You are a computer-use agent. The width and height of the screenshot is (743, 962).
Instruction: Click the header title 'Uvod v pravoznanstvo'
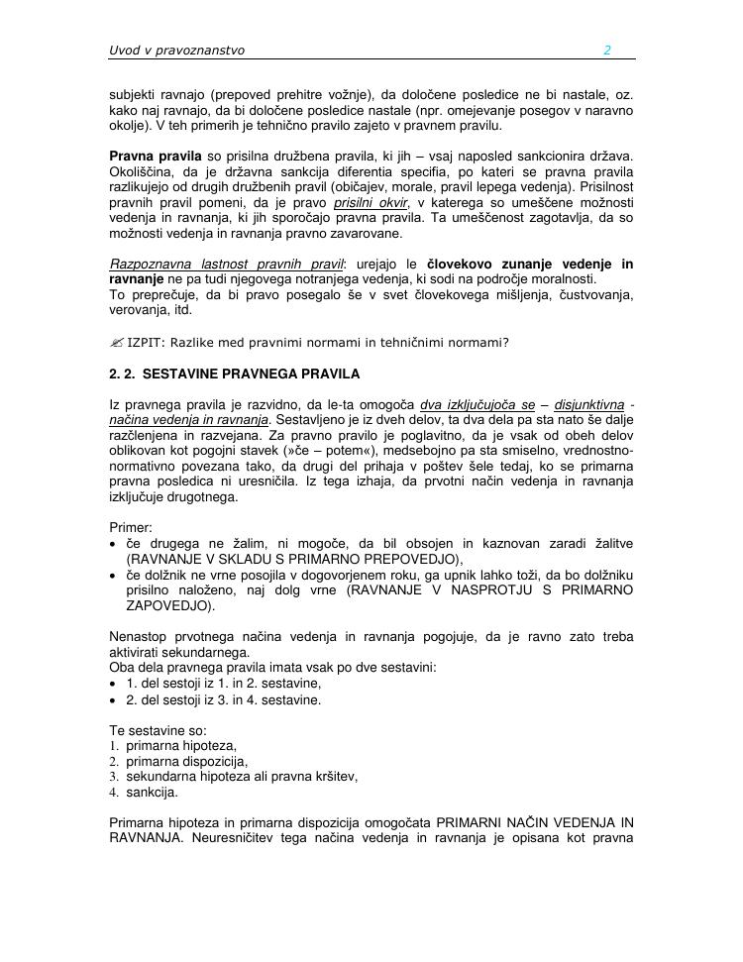click(x=176, y=51)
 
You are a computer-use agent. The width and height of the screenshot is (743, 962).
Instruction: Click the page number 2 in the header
click(x=607, y=51)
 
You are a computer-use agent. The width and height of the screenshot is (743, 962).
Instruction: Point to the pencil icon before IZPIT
click(x=116, y=343)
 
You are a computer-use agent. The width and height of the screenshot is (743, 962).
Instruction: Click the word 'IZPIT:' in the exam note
click(x=147, y=343)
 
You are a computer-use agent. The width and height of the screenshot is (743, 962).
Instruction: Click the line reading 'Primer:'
click(x=131, y=528)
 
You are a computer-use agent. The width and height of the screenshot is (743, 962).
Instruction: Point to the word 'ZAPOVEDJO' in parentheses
click(x=164, y=605)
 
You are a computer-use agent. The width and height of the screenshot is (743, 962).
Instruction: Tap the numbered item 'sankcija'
click(x=153, y=792)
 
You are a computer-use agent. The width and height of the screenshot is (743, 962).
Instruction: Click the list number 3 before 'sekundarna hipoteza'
click(x=114, y=777)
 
